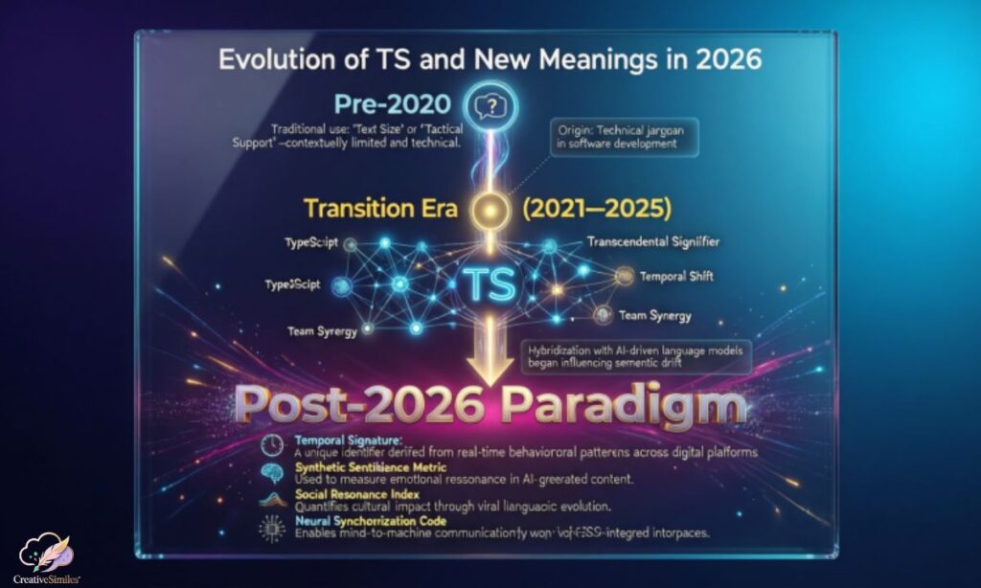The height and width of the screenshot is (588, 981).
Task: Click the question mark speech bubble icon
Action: coord(489,105)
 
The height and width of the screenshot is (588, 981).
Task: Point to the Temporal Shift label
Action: coord(677,276)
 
